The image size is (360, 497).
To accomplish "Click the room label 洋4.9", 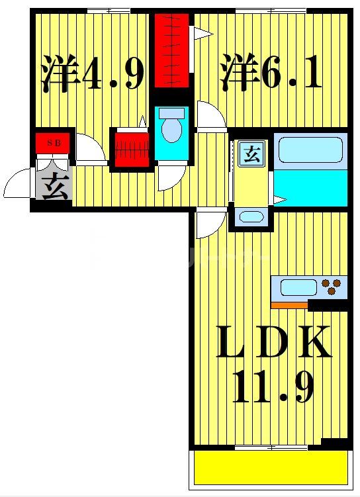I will pyautogui.click(x=93, y=74).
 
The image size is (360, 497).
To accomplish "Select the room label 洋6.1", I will pyautogui.click(x=271, y=74).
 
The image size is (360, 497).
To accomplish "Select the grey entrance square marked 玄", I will pyautogui.click(x=56, y=187).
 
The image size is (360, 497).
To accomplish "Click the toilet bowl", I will pyautogui.click(x=172, y=128).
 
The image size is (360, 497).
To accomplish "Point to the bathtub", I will pyautogui.click(x=310, y=150).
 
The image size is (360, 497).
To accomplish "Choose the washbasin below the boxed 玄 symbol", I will pyautogui.click(x=250, y=216).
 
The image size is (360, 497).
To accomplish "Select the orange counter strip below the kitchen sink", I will pyautogui.click(x=290, y=305).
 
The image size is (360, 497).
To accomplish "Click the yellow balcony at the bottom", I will pyautogui.click(x=271, y=469).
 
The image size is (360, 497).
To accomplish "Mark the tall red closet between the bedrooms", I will pyautogui.click(x=171, y=52).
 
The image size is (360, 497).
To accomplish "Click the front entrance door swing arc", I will pyautogui.click(x=16, y=184).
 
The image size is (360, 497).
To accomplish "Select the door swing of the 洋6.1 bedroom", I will pyautogui.click(x=211, y=117).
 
